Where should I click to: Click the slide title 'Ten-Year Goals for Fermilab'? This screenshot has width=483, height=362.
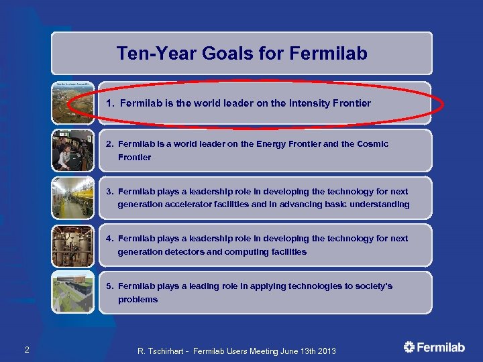tap(241, 54)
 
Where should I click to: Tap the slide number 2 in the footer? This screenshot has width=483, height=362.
tap(26, 349)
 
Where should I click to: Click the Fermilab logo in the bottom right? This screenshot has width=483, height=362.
tap(434, 347)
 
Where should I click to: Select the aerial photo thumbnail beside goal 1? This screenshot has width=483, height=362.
tap(73, 103)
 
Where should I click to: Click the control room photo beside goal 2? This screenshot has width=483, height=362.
tap(73, 151)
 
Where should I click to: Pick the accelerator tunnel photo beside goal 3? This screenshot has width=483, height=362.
tap(73, 198)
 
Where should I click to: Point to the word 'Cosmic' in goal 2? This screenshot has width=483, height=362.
tap(373, 144)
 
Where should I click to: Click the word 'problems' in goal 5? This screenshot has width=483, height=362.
tap(138, 300)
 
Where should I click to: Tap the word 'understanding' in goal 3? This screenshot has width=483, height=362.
tap(378, 204)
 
